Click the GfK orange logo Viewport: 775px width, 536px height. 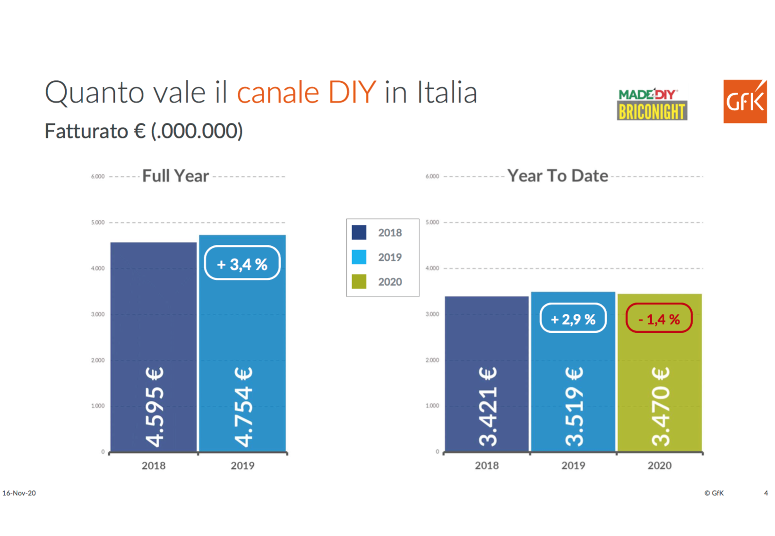click(x=745, y=101)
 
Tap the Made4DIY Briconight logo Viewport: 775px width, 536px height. click(x=652, y=104)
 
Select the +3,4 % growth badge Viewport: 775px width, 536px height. click(x=242, y=263)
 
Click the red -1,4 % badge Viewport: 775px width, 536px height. click(x=659, y=318)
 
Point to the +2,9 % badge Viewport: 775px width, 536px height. click(x=573, y=318)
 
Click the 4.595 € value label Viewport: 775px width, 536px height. click(x=155, y=407)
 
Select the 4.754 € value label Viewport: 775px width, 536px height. click(x=243, y=407)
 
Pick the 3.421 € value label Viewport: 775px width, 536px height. click(x=488, y=407)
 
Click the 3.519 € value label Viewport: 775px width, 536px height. click(x=574, y=407)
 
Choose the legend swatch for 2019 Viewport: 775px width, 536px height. click(x=359, y=257)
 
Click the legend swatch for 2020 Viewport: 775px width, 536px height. click(x=359, y=282)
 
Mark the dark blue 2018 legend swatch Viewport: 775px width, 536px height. click(x=359, y=233)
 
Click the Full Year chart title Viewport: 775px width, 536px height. click(x=175, y=176)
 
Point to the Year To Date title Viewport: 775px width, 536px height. click(x=558, y=176)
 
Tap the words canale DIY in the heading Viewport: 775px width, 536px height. click(x=306, y=92)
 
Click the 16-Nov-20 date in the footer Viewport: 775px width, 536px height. click(x=19, y=493)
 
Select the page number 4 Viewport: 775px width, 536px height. click(x=766, y=493)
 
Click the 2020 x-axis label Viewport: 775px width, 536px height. click(x=659, y=466)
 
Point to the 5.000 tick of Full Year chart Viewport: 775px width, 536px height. click(x=98, y=223)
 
